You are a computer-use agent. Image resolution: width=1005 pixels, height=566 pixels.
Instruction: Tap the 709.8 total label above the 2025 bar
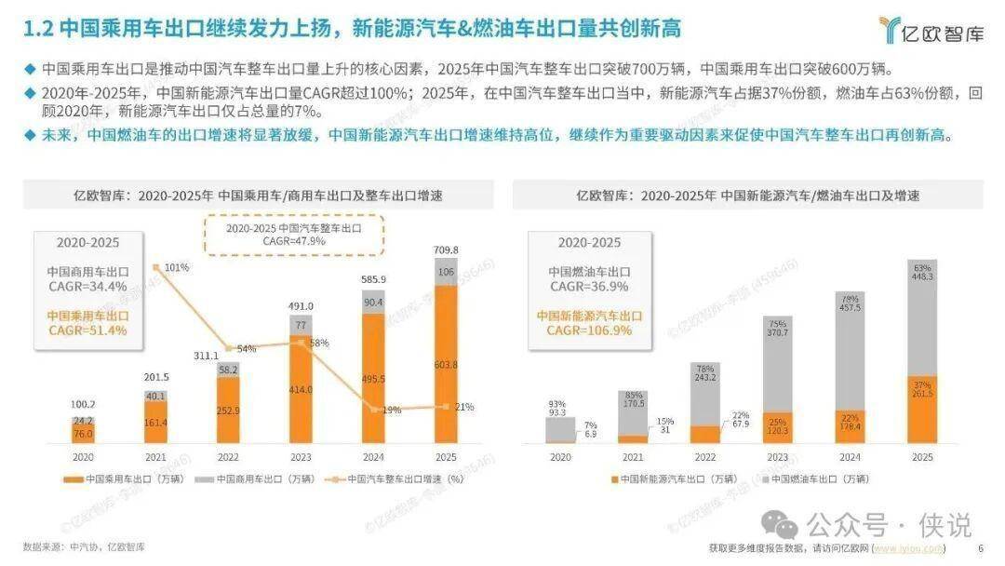[x=448, y=249]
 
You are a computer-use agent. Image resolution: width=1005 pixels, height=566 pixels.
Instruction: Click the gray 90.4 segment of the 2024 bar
[x=373, y=301]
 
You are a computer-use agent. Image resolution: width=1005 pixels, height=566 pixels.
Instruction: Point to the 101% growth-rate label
[x=177, y=268]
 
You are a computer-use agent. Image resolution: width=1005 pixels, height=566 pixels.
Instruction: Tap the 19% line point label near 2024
[x=391, y=410]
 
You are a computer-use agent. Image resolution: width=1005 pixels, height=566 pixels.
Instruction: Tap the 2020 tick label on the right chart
[x=560, y=457]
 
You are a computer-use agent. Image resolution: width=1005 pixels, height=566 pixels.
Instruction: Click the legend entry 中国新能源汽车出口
[x=668, y=479]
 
